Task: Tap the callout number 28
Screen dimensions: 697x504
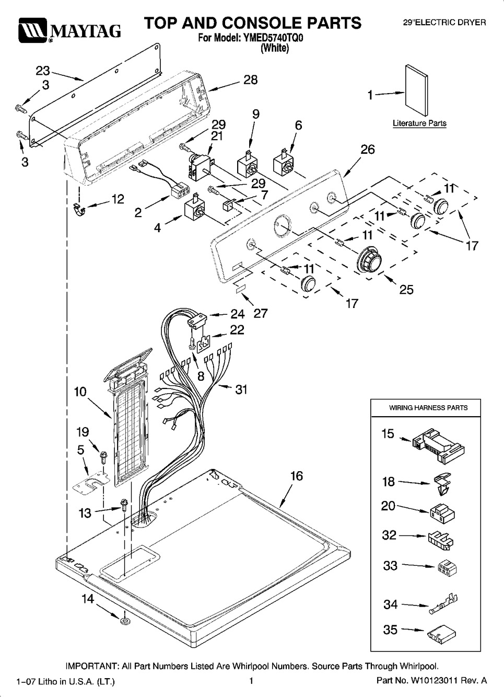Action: click(251, 80)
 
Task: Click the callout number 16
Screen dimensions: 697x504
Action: click(296, 476)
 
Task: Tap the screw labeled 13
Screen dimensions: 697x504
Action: click(124, 505)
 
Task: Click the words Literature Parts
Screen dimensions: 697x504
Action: click(419, 123)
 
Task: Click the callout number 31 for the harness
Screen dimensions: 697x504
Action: click(241, 389)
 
